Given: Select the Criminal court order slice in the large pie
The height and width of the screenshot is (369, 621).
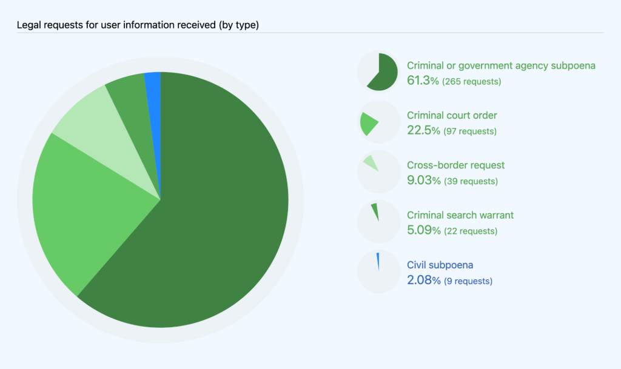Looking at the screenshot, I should click(91, 206).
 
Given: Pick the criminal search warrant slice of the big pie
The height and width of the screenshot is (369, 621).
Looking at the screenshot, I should click(130, 97).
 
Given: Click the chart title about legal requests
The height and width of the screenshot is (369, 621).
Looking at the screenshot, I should click(138, 25).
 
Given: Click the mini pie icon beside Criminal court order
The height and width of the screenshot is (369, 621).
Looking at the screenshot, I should click(378, 122).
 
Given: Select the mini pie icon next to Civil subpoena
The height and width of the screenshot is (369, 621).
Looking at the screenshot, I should click(378, 272).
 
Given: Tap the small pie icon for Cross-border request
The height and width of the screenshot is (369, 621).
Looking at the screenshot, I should click(378, 172).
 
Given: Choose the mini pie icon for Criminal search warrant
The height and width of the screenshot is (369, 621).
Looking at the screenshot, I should click(378, 222).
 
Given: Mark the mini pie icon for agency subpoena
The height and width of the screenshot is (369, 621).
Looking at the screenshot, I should click(378, 72).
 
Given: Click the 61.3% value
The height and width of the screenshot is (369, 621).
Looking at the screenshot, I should click(423, 81).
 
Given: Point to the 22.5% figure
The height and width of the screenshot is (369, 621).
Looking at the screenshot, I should click(423, 131).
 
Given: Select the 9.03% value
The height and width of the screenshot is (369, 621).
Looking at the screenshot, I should click(423, 181).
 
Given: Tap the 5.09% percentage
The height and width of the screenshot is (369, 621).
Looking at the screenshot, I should click(423, 231).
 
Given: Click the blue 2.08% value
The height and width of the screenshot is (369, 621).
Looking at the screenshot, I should click(423, 281).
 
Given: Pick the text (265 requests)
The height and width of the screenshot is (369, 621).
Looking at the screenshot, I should click(472, 81).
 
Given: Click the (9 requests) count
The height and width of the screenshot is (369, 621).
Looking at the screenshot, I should click(468, 281).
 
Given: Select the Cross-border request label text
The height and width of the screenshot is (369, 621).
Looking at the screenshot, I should click(455, 165).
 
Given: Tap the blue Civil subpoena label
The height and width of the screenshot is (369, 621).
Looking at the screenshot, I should click(440, 265).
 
